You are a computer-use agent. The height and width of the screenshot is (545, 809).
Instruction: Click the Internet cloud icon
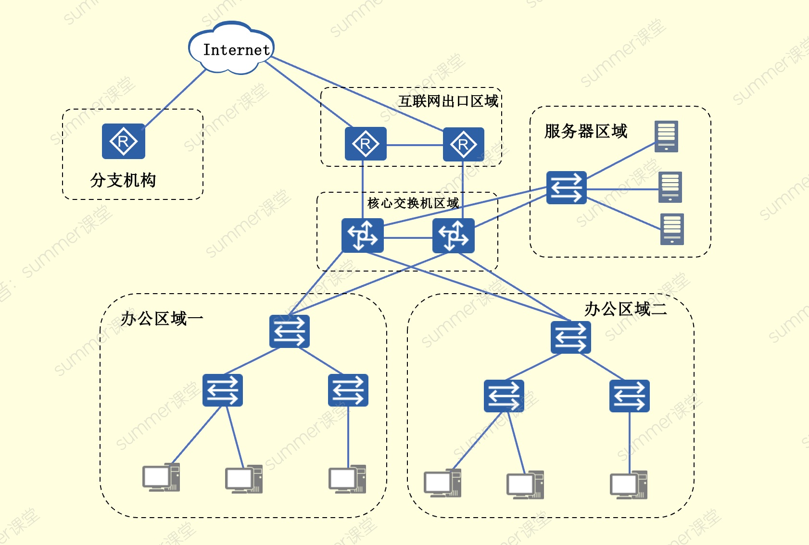point(231,49)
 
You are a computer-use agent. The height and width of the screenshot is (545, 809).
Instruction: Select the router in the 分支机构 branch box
point(124,141)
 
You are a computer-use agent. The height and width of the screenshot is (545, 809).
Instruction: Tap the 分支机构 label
point(123,180)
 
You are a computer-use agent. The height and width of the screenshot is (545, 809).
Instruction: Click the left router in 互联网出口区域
point(366,144)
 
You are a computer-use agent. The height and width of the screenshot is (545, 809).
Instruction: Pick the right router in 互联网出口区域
point(463,144)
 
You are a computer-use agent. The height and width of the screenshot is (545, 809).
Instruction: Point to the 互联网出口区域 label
point(448,101)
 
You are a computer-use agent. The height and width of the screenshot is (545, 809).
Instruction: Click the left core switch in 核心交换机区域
point(363,235)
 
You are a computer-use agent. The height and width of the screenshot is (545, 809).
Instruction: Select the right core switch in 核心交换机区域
point(454,235)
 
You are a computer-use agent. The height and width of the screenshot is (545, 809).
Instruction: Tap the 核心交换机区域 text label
point(413,203)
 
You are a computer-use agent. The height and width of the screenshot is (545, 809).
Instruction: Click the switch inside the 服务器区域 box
point(567,187)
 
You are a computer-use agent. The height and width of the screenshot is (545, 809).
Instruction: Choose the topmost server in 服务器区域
point(666,136)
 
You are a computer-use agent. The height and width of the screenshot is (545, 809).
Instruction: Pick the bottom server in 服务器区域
point(672,229)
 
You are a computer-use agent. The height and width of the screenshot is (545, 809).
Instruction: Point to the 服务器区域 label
point(586,131)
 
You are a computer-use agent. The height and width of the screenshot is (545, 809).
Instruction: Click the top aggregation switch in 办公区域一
point(290,332)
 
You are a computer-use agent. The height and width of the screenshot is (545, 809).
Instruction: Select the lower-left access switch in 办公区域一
point(223,390)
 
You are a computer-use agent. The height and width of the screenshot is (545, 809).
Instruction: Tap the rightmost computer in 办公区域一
point(347,479)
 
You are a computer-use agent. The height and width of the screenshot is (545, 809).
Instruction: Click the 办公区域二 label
point(626,309)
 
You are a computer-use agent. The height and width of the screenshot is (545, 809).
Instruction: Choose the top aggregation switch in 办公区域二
point(571,337)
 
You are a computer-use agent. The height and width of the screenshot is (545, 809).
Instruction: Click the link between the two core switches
point(408,237)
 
